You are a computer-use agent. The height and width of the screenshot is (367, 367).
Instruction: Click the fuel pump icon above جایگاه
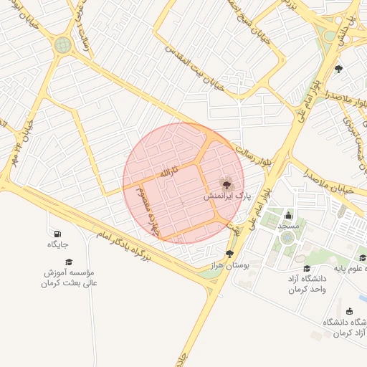click(x=57, y=234)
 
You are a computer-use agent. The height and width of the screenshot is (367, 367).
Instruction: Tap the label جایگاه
click(x=57, y=245)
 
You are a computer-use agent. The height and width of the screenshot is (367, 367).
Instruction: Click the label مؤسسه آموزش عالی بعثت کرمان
click(x=69, y=278)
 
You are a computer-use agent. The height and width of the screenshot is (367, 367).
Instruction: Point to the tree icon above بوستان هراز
click(x=229, y=254)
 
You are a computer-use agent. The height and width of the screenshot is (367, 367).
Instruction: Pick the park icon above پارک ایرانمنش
click(x=227, y=184)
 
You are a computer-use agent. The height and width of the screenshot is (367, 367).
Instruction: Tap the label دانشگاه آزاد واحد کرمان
click(x=308, y=284)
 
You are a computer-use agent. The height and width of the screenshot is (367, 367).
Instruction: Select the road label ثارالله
click(x=166, y=173)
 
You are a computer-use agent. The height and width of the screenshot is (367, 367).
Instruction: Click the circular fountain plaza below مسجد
click(x=287, y=237)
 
